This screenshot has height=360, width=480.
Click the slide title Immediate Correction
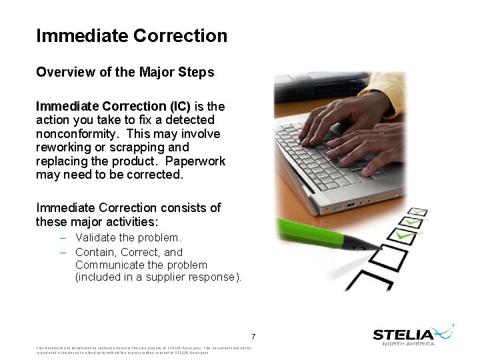click(131, 35)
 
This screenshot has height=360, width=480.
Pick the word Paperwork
click(195, 161)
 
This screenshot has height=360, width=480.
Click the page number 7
click(253, 336)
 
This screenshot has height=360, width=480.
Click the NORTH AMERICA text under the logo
click(409, 344)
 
